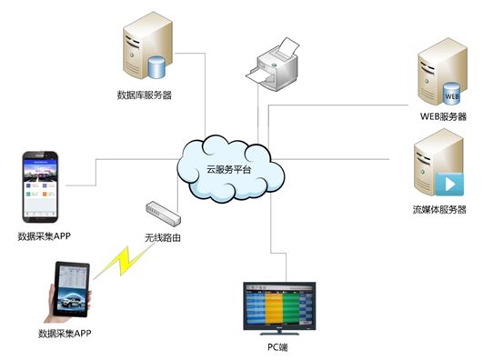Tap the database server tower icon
pyautogui.click(x=146, y=53)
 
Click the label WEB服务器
pyautogui.click(x=443, y=116)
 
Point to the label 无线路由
pyautogui.click(x=163, y=238)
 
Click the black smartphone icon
pyautogui.click(x=43, y=186)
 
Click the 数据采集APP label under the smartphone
pyautogui.click(x=44, y=236)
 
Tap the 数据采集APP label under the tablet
pyautogui.click(x=65, y=335)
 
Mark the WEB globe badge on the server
pyautogui.click(x=452, y=93)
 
